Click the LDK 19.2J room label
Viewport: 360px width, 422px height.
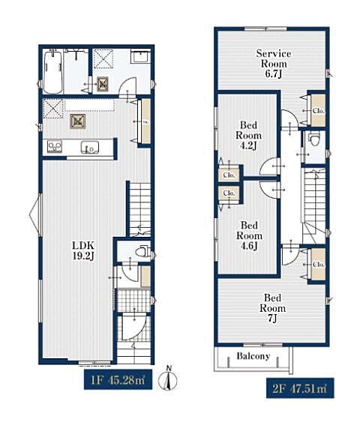pyautogui.click(x=83, y=250)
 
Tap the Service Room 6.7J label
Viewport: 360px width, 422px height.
pyautogui.click(x=274, y=64)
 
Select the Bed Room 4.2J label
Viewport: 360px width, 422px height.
pyautogui.click(x=248, y=135)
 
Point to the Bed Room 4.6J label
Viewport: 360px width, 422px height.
pyautogui.click(x=249, y=235)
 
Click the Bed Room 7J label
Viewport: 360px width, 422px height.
pyautogui.click(x=272, y=308)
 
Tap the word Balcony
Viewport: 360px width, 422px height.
pyautogui.click(x=253, y=356)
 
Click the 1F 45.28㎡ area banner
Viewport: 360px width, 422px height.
pyautogui.click(x=118, y=380)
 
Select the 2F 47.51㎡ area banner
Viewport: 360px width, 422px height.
pyautogui.click(x=300, y=388)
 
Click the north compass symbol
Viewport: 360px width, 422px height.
pyautogui.click(x=168, y=379)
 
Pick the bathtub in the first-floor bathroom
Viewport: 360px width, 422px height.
pyautogui.click(x=52, y=72)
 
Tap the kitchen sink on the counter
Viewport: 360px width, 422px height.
pyautogui.click(x=90, y=148)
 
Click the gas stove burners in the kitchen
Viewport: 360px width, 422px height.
pyautogui.click(x=55, y=147)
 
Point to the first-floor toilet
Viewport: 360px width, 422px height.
pyautogui.click(x=142, y=251)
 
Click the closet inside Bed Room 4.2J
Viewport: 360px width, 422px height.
pyautogui.click(x=229, y=175)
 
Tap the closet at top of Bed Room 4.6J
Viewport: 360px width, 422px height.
pyautogui.click(x=229, y=193)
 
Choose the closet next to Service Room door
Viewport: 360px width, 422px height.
pyautogui.click(x=318, y=110)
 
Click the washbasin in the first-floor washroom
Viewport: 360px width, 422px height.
pyautogui.click(x=140, y=56)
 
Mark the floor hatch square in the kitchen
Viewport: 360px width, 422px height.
pyautogui.click(x=78, y=121)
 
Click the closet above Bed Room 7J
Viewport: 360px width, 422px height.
pyautogui.click(x=318, y=264)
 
